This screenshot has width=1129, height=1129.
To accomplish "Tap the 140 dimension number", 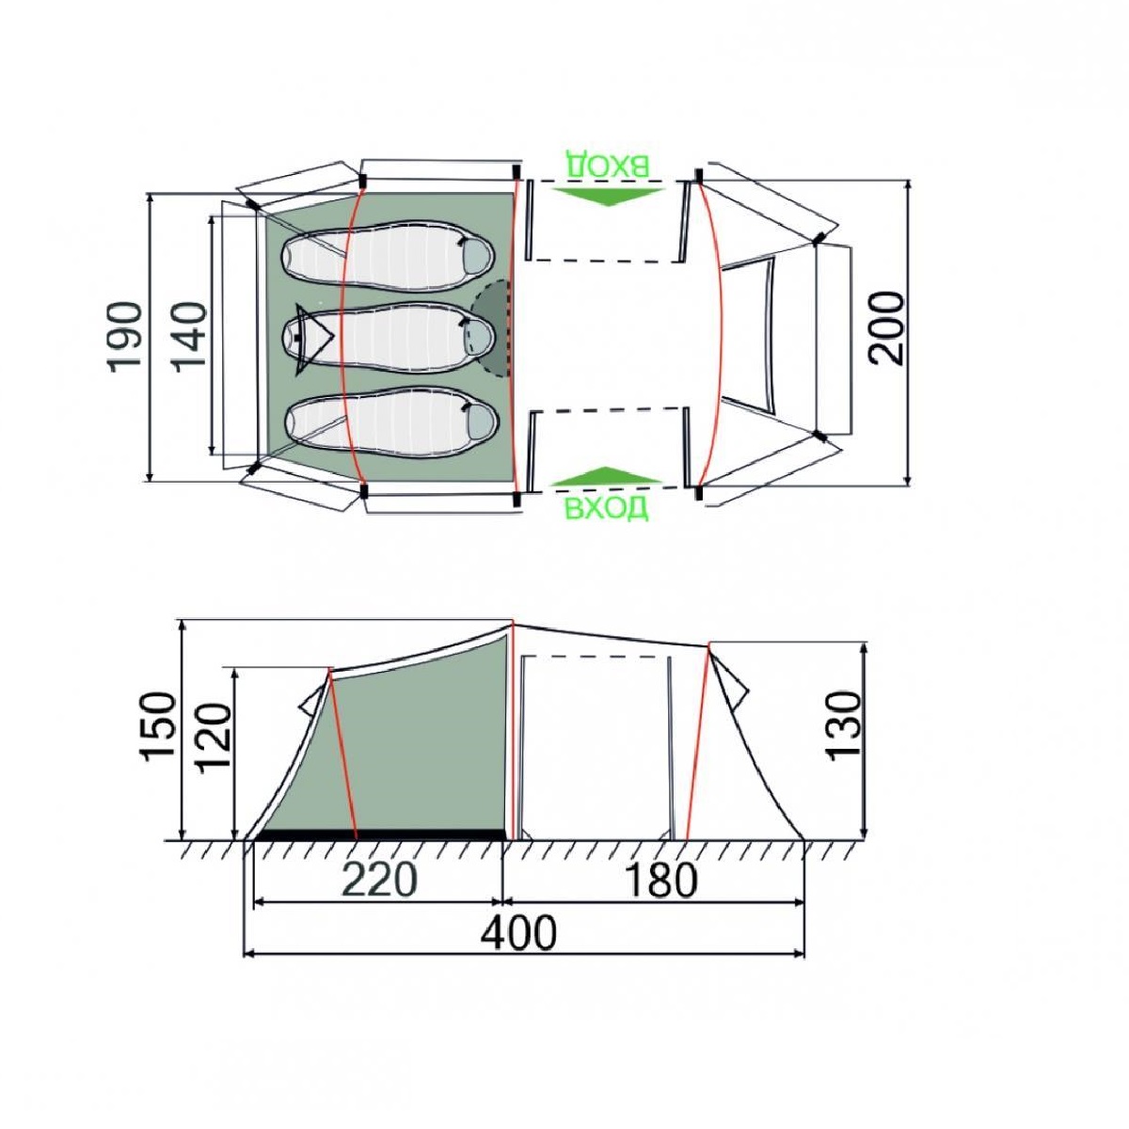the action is click(x=189, y=336).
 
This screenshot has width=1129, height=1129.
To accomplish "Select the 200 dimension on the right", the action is click(x=887, y=328).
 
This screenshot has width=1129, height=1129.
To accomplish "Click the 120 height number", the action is click(x=214, y=739).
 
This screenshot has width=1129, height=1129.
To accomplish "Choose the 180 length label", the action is click(x=661, y=880).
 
